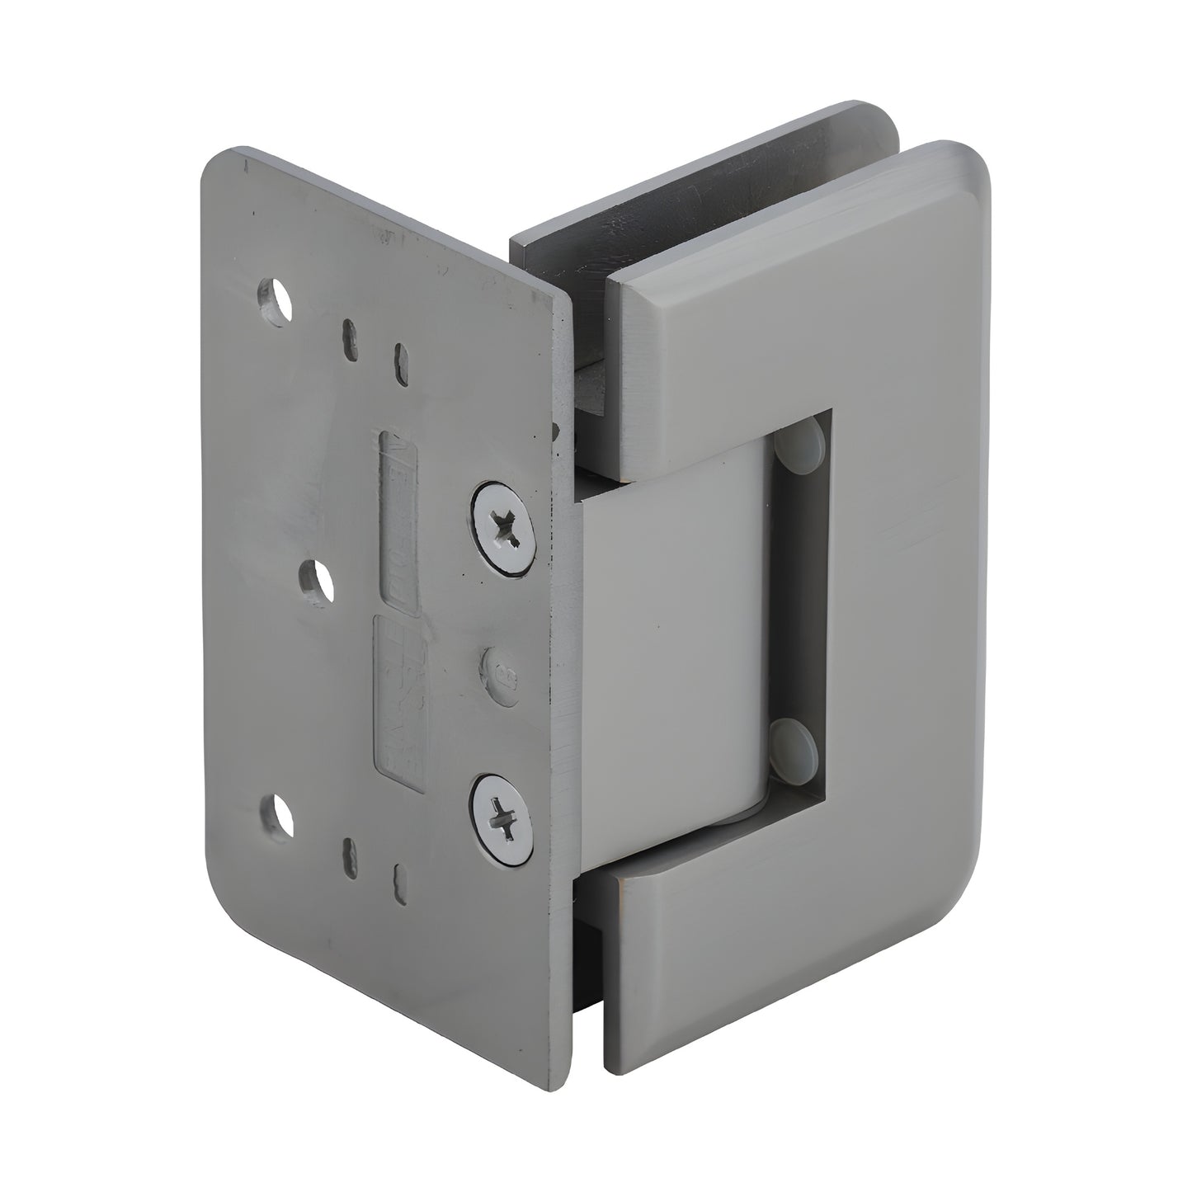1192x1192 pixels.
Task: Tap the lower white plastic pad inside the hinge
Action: tap(795, 741)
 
